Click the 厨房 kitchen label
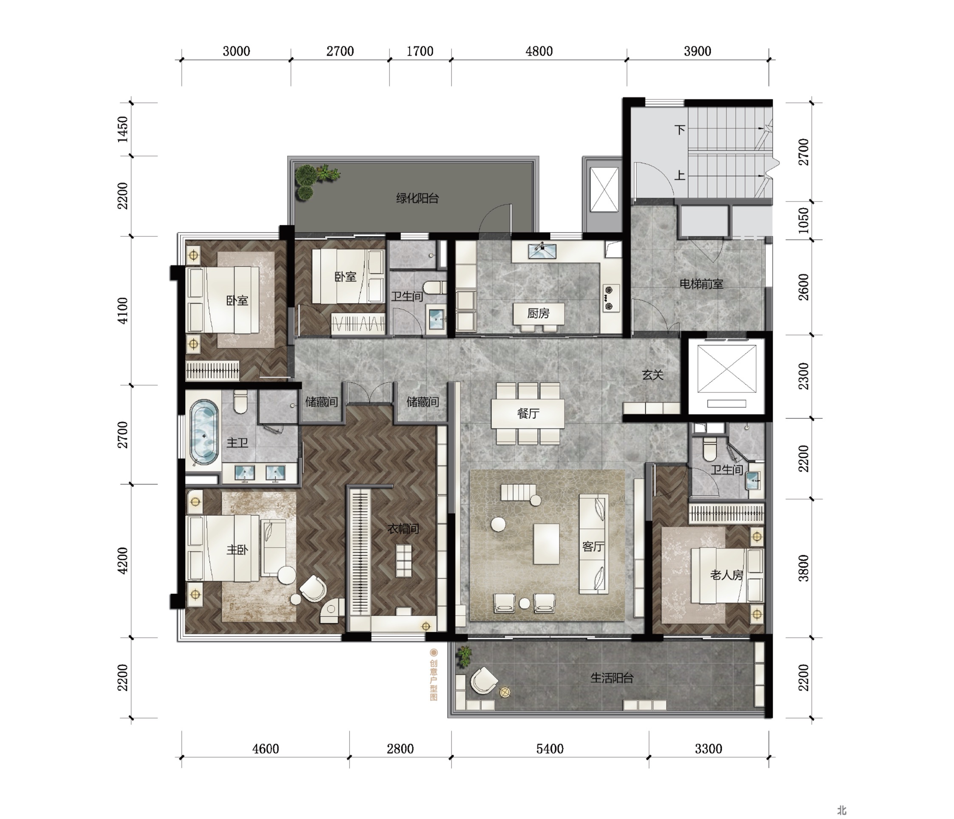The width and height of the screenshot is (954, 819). pos(538,314)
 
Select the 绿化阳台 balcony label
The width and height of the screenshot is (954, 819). pos(417,198)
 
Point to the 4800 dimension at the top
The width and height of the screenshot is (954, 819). pos(539,51)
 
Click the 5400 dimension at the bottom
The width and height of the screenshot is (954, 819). pos(550,748)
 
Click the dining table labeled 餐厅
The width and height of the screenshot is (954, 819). pos(528,414)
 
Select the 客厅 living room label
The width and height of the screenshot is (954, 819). pos(593,547)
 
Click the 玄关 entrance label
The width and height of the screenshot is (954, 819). pos(653,375)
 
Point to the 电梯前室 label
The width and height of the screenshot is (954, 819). pos(701,284)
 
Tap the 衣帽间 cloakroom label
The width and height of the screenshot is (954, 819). pos(404,528)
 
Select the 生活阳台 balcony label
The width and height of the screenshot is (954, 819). pos(612,678)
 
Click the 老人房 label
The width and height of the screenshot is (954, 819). pos(727,575)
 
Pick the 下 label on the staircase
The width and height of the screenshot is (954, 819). pos(680,130)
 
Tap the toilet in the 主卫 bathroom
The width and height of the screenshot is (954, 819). pos(240,402)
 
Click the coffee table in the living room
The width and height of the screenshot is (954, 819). pos(547,544)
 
